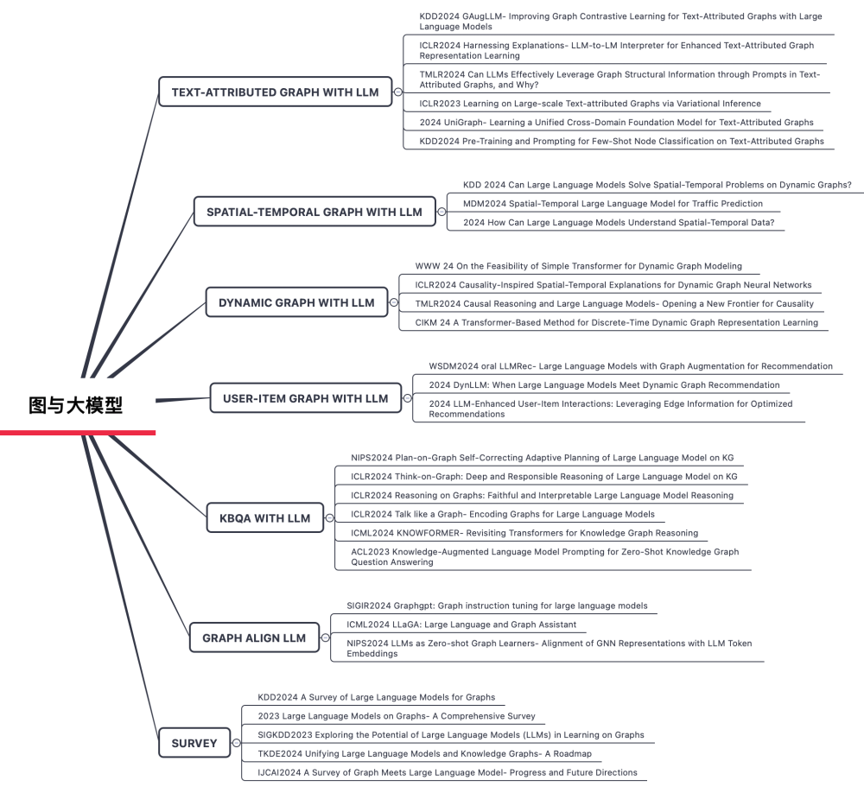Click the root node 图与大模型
pos(76,405)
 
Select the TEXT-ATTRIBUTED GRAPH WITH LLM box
pos(275,92)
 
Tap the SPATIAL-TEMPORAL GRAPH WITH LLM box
pos(314,212)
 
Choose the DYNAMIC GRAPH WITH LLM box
pos(296,303)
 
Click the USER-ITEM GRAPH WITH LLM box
pos(306,398)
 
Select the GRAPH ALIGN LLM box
pos(254,638)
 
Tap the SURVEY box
pos(188,743)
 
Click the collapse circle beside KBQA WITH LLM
pos(329,518)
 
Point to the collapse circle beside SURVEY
pos(235,743)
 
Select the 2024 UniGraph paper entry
pos(616,123)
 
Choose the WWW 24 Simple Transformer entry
pos(578,266)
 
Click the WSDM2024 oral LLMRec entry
pos(631,366)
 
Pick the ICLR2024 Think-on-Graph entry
pos(543,476)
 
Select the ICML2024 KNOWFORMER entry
pos(524,533)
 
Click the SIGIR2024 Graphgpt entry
pos(497,606)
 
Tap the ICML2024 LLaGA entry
pos(461,625)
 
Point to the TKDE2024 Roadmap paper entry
pos(429,754)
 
